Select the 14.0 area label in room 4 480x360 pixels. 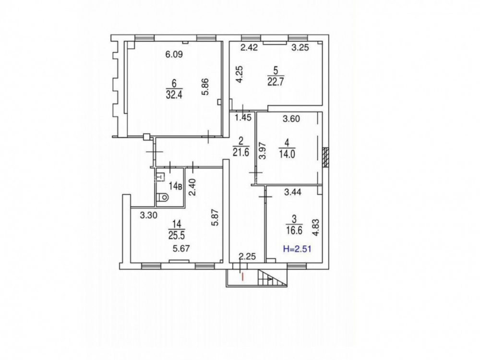pyautogui.click(x=287, y=154)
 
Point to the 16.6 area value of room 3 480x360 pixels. pyautogui.click(x=294, y=230)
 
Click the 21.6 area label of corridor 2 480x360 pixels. pyautogui.click(x=241, y=152)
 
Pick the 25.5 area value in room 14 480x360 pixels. pyautogui.click(x=176, y=235)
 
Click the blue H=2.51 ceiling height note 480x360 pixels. pyautogui.click(x=297, y=249)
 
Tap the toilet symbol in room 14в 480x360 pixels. pyautogui.click(x=162, y=197)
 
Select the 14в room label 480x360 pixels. pyautogui.click(x=176, y=185)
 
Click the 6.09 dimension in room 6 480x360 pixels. pyautogui.click(x=174, y=55)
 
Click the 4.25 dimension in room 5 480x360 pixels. pyautogui.click(x=240, y=74)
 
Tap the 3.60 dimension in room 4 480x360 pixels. pyautogui.click(x=291, y=119)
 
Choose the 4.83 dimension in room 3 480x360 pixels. pyautogui.click(x=316, y=227)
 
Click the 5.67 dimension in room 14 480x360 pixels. pyautogui.click(x=181, y=249)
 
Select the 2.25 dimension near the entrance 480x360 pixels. pyautogui.click(x=247, y=256)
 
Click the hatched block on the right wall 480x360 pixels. pyautogui.click(x=326, y=157)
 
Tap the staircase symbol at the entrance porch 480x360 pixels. pyautogui.click(x=273, y=278)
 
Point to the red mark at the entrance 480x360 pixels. pyautogui.click(x=243, y=277)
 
